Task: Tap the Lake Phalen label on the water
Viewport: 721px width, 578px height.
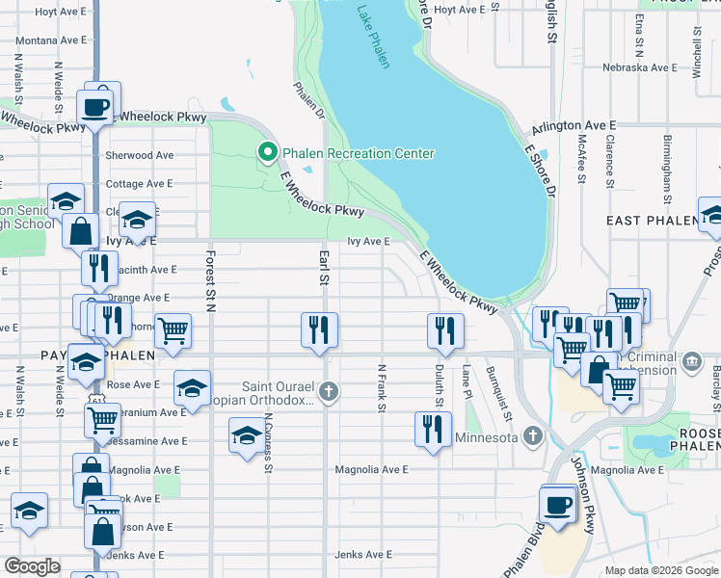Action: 373,38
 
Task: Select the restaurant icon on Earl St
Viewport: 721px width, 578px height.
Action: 319,330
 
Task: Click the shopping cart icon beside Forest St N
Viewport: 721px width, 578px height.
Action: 173,330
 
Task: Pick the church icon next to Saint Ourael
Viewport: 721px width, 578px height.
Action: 329,391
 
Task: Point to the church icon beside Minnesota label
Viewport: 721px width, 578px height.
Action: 532,436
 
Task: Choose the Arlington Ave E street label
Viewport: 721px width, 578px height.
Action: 574,126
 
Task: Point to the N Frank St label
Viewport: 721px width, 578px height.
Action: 382,388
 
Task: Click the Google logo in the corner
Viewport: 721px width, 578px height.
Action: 33,566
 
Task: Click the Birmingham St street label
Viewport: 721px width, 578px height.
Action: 666,171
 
